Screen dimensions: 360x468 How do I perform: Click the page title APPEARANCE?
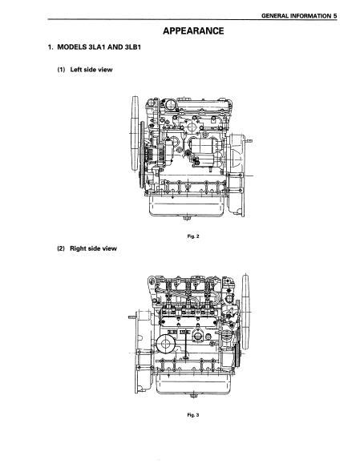(x=193, y=30)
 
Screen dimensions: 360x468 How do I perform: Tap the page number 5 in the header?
(x=335, y=16)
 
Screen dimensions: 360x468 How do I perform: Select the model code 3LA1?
(x=97, y=46)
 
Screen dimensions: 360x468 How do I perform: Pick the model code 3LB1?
(x=132, y=46)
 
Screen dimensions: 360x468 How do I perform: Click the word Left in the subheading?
(x=75, y=70)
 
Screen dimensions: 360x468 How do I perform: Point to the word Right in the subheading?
(x=78, y=248)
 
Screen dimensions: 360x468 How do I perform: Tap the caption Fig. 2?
(x=193, y=236)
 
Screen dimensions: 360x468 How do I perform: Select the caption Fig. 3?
(x=193, y=415)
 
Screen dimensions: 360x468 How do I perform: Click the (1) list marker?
(x=61, y=70)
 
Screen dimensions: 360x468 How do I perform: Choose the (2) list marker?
(x=61, y=248)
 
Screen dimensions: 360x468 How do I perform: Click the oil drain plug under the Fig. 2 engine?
(x=187, y=218)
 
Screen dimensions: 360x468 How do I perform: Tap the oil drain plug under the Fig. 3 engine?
(x=193, y=396)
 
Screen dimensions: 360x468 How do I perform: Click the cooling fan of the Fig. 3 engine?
(x=245, y=312)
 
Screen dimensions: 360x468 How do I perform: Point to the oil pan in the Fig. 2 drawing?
(x=188, y=205)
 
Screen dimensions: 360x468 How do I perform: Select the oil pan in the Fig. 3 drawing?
(x=193, y=384)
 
